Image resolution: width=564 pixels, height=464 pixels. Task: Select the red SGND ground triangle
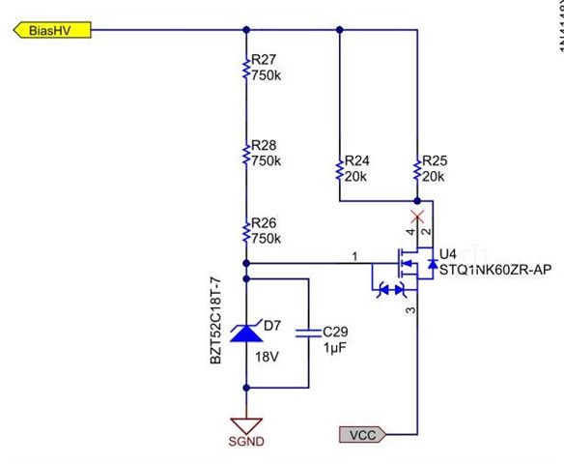[x=248, y=425]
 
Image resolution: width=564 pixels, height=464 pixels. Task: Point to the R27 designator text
[x=264, y=60]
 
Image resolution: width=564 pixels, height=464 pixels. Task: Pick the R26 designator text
[x=264, y=224]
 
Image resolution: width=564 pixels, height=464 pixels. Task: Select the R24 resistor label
[x=357, y=161]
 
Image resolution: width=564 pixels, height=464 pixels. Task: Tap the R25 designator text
[x=436, y=161]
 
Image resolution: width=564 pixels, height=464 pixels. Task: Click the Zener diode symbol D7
[x=248, y=333]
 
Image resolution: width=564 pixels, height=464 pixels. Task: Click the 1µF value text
[x=333, y=347]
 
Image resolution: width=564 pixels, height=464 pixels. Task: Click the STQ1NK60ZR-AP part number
[x=495, y=269]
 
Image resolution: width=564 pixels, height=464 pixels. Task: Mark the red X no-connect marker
[x=417, y=215]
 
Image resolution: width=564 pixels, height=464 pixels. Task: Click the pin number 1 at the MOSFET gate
[x=354, y=255]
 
